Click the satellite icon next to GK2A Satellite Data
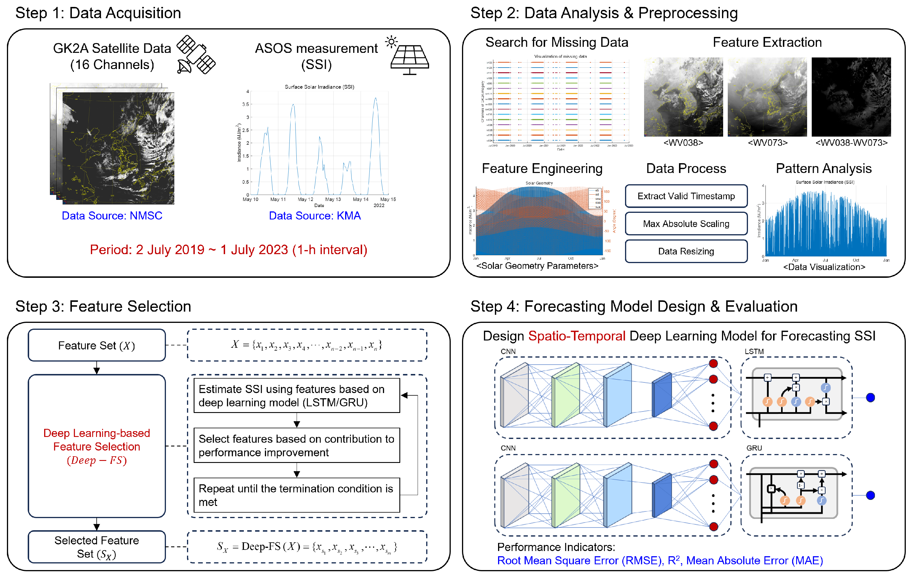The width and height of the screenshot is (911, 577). click(196, 55)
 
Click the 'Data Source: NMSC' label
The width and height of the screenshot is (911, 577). click(112, 215)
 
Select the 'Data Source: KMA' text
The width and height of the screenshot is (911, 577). click(315, 215)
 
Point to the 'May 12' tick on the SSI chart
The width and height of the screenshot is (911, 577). click(305, 199)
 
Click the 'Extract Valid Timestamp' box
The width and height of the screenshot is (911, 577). click(686, 196)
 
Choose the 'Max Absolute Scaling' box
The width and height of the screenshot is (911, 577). click(686, 224)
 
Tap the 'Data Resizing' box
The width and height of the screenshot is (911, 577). click(686, 252)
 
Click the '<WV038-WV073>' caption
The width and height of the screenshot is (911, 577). click(851, 143)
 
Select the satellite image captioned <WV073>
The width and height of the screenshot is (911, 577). click(767, 97)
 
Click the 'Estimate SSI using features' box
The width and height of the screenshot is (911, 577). click(297, 396)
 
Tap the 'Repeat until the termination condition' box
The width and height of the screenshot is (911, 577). click(297, 495)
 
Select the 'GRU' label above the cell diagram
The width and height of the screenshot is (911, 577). click(754, 448)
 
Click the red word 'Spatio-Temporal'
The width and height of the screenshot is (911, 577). click(577, 336)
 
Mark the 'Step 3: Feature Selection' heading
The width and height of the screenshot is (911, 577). click(103, 306)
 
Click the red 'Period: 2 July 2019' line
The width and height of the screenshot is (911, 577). click(229, 250)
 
